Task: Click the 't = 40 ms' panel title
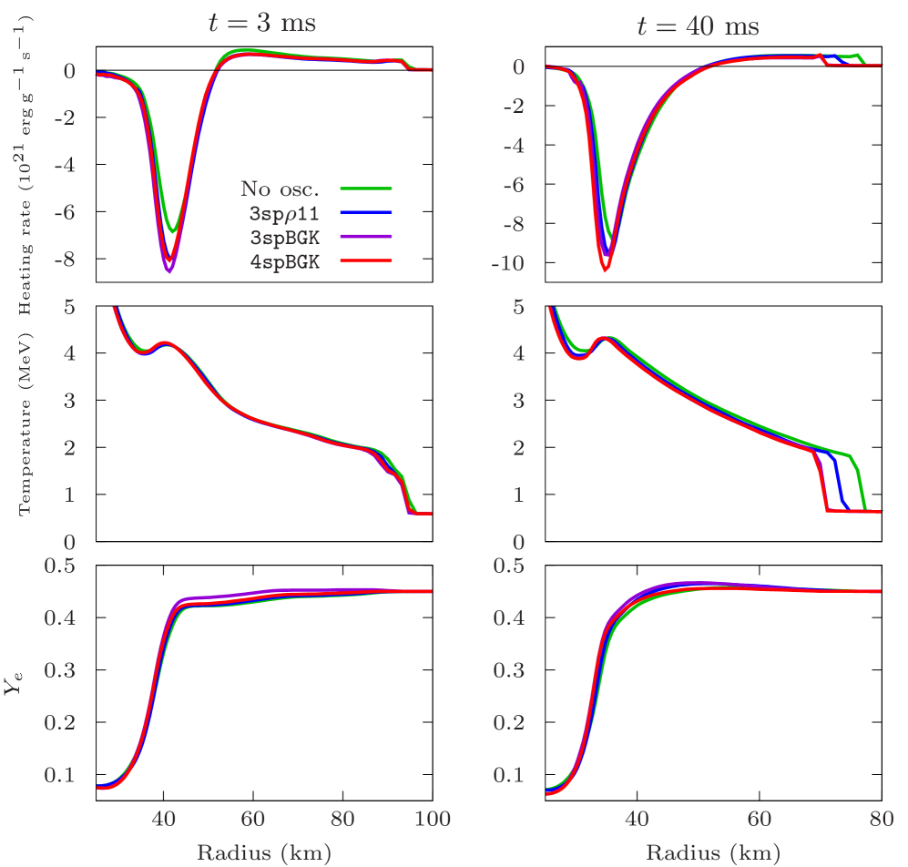697,26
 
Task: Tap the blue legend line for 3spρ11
366,212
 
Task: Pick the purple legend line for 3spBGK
366,236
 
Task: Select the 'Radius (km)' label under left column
263,853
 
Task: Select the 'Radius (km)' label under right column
713,853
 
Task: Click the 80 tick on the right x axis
880,819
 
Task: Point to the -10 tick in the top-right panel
506,265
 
